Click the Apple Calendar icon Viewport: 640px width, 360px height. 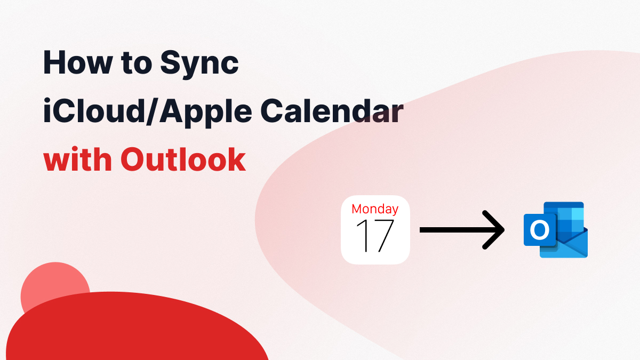[375, 230]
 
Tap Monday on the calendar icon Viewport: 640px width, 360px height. [375, 209]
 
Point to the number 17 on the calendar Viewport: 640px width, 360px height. [375, 236]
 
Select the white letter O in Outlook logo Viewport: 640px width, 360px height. [540, 230]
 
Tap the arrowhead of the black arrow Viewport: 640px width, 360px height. [495, 230]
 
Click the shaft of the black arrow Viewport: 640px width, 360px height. [453, 230]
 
